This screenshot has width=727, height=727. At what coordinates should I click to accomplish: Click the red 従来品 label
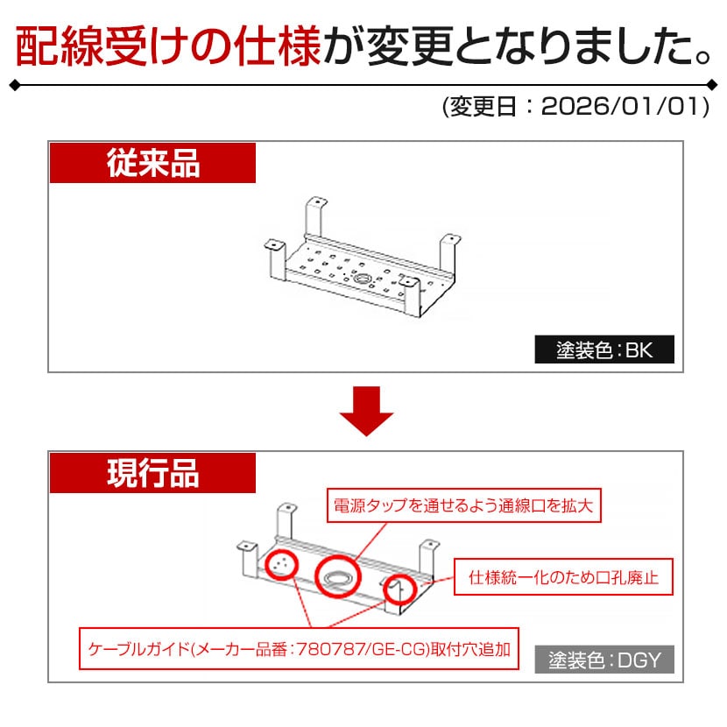(152, 164)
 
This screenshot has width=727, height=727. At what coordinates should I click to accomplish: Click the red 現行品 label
(152, 473)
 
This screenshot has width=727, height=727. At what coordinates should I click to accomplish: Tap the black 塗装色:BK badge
(604, 350)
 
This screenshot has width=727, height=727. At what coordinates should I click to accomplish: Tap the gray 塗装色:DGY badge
(604, 660)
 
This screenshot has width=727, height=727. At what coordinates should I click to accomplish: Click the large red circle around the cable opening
(337, 576)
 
